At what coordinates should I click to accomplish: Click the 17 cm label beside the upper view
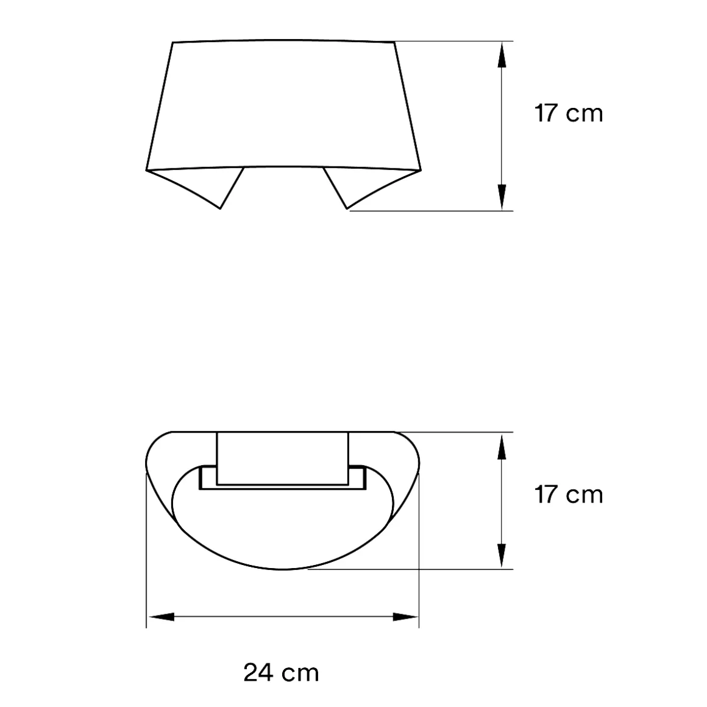tap(569, 113)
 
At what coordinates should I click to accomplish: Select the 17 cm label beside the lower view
tap(569, 494)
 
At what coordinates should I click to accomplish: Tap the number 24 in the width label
tap(258, 673)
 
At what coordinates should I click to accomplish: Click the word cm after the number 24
tap(300, 673)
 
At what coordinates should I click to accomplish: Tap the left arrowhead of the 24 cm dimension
tap(160, 617)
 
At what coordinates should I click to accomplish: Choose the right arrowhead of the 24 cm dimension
tap(406, 617)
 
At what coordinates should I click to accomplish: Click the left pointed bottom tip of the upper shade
tap(220, 208)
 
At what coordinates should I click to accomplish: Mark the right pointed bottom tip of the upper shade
tap(347, 208)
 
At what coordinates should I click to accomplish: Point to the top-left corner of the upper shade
tap(173, 43)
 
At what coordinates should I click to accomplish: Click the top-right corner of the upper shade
tap(395, 42)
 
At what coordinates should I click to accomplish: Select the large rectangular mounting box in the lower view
tap(283, 458)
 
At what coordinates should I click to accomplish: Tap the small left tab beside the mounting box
tap(207, 477)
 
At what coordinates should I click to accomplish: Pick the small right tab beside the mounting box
tap(358, 477)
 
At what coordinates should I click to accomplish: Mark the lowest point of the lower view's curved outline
tap(283, 570)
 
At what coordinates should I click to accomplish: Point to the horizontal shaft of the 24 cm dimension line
tap(283, 617)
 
